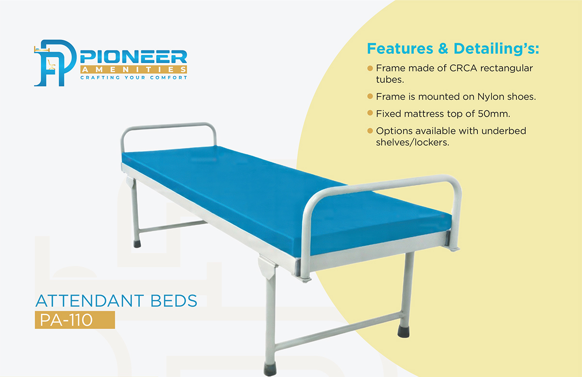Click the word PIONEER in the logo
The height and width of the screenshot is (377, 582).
coord(133,57)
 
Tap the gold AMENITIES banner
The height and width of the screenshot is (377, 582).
coord(133,70)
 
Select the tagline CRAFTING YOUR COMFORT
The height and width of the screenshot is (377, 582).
coord(133,78)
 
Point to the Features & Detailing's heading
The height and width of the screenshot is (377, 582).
coord(453,49)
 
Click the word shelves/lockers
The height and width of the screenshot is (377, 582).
coord(412,143)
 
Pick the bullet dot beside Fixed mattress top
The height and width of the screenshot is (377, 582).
coord(370,113)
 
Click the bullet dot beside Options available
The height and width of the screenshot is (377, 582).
coord(370,130)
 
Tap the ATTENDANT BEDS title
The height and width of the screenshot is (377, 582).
coord(116,301)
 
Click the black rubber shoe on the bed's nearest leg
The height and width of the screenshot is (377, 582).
coord(270,369)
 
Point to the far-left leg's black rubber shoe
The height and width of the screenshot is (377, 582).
coord(137,244)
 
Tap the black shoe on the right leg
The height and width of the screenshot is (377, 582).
coord(404,332)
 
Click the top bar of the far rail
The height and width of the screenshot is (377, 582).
coord(169,126)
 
